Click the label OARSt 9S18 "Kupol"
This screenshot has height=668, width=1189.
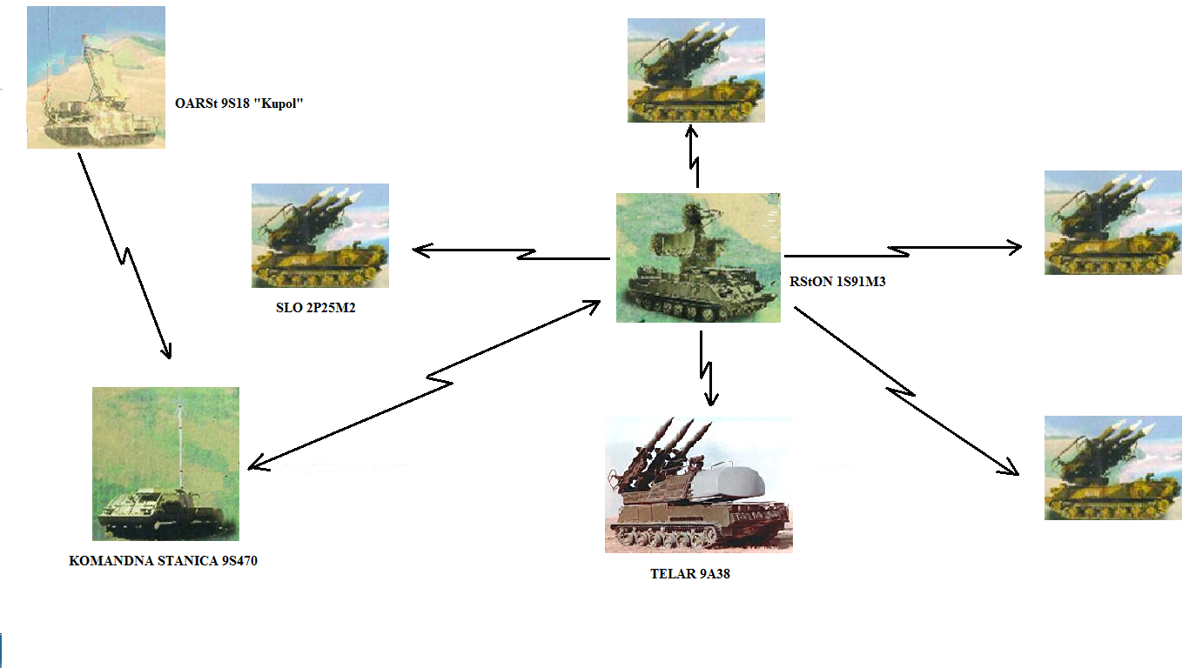click(x=238, y=104)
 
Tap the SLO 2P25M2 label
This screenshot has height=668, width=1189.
click(x=316, y=306)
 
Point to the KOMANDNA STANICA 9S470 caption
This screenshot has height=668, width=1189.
click(x=163, y=561)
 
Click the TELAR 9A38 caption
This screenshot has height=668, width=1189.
click(x=689, y=573)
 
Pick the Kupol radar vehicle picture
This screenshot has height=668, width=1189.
click(x=96, y=77)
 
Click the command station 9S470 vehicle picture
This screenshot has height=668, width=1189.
click(x=165, y=464)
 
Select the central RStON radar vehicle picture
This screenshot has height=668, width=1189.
click(x=698, y=257)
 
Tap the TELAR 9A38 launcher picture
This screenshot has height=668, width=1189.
click(x=698, y=484)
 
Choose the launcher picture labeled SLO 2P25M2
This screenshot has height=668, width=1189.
click(x=319, y=235)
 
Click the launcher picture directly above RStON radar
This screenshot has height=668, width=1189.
click(x=695, y=70)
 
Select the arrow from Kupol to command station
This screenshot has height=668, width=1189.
click(x=124, y=257)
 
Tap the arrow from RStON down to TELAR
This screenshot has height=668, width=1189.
click(x=706, y=368)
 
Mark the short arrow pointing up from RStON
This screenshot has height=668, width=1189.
click(x=694, y=157)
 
